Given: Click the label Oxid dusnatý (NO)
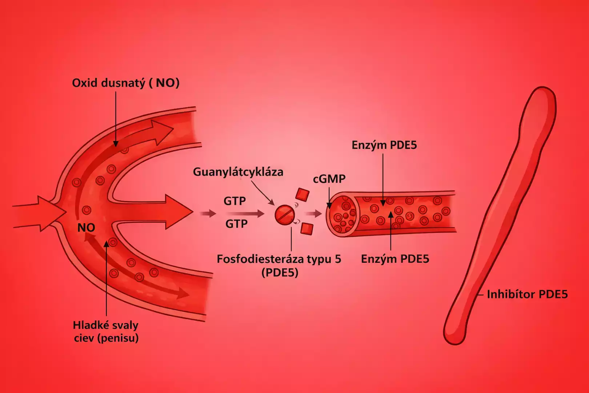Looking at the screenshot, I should (126, 83).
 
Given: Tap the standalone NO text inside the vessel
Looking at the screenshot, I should (86, 228).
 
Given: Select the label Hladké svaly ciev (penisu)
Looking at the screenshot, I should (106, 332).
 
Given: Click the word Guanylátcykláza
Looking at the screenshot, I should (238, 172).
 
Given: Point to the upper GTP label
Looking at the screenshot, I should (235, 201).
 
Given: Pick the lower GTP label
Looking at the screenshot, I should (236, 224).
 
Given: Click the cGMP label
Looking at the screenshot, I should (329, 179).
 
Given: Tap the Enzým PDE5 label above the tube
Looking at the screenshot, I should (384, 145).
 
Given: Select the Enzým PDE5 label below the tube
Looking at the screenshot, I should (395, 259).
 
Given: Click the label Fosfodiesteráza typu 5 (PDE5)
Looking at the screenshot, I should (279, 265).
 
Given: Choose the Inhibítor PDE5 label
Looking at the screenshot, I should (527, 294).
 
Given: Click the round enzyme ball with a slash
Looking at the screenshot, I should (284, 215).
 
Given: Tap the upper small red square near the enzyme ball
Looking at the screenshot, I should (302, 195).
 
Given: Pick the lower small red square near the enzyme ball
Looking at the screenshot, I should (307, 229).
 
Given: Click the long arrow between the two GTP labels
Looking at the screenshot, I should (244, 213).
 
